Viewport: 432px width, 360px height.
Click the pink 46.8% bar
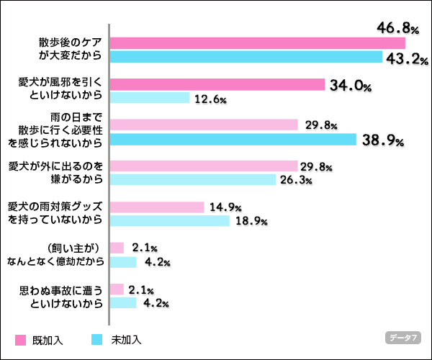click(x=258, y=42)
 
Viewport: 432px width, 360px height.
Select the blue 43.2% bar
click(x=246, y=56)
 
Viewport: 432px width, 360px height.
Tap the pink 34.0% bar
click(x=217, y=84)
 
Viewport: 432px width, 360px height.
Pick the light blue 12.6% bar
click(x=150, y=98)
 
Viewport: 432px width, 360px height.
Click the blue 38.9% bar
click(x=233, y=139)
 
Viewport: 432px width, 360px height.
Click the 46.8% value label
click(x=397, y=28)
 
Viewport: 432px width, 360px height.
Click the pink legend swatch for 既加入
click(x=20, y=340)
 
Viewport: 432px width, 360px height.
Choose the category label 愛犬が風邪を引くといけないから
click(x=64, y=90)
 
